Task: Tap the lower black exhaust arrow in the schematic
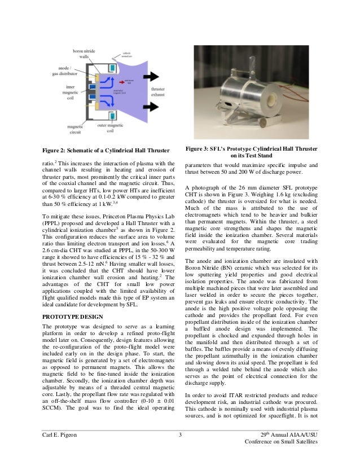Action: pyautogui.click(x=152, y=107)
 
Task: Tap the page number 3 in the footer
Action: pyautogui.click(x=179, y=434)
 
